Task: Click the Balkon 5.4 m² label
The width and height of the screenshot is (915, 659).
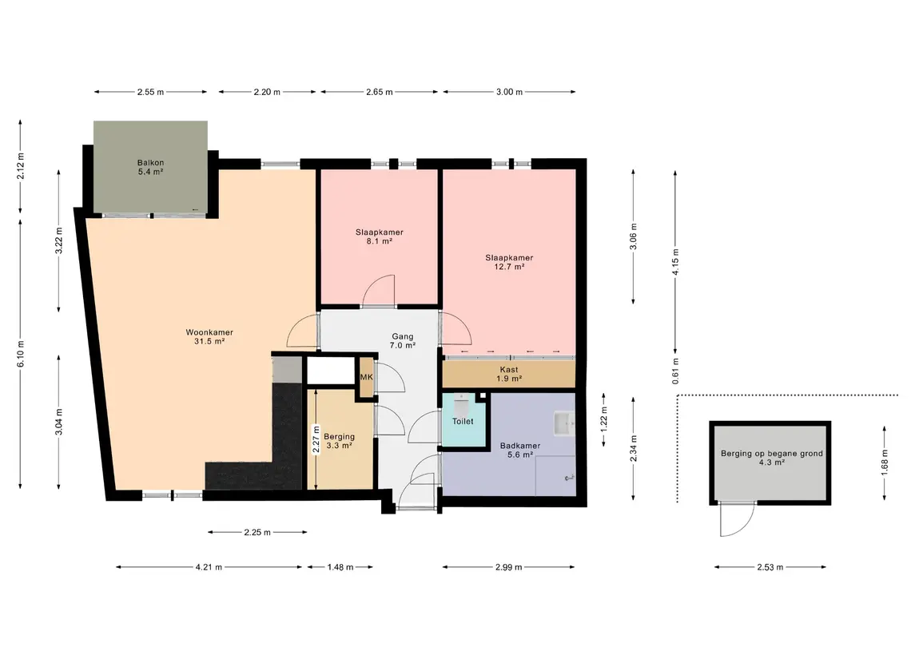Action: click(x=150, y=168)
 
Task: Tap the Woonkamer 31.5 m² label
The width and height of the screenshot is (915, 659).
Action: click(x=209, y=337)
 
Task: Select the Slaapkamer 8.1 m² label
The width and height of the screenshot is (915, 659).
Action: click(x=380, y=236)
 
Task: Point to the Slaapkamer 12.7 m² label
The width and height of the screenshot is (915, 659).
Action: click(x=509, y=262)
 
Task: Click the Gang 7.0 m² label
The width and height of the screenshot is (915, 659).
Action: click(x=403, y=340)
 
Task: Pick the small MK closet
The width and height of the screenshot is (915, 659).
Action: click(x=367, y=377)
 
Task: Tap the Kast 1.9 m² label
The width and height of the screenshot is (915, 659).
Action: click(x=509, y=374)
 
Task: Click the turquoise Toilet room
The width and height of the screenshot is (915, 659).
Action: click(x=464, y=420)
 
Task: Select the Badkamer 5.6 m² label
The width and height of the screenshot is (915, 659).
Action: click(x=520, y=451)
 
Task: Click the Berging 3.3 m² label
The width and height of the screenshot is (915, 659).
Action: click(x=339, y=441)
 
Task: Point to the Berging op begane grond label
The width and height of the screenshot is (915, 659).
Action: click(x=771, y=453)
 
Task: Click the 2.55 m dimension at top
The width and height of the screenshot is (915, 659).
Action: click(x=150, y=92)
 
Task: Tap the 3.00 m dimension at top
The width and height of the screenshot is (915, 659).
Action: click(x=509, y=92)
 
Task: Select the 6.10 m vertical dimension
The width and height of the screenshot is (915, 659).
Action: click(x=21, y=354)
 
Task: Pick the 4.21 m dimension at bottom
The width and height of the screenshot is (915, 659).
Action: click(x=209, y=567)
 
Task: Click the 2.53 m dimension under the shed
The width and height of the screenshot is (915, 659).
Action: click(x=770, y=567)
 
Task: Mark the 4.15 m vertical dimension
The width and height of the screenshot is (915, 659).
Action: click(x=675, y=262)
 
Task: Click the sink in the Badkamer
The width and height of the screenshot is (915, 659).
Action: click(x=564, y=424)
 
